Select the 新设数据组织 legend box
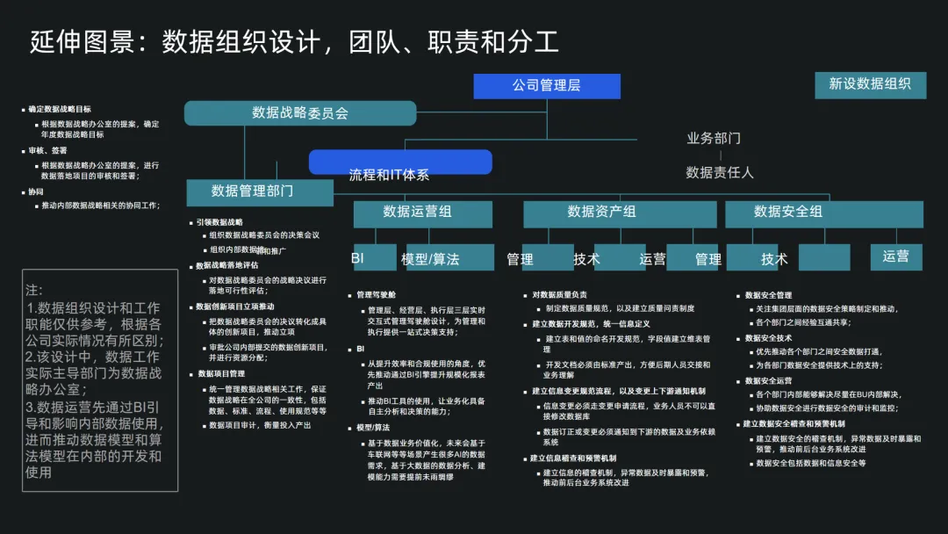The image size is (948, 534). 870,83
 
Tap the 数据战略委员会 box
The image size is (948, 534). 300,112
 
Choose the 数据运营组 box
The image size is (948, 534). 417,212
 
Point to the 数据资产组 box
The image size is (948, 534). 601,212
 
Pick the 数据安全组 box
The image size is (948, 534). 787,212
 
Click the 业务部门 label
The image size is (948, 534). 713,138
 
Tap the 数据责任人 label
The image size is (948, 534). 719,172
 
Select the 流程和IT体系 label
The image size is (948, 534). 389,175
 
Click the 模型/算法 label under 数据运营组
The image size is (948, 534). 430,259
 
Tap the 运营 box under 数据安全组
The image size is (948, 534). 896,256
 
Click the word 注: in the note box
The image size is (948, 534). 34,290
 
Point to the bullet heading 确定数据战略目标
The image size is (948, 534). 59,110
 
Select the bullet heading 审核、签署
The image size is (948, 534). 47,150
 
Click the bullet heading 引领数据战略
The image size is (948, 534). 219,222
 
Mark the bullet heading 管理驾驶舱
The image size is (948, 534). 376,295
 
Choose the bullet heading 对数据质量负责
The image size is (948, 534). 559,295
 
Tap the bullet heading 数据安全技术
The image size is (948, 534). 768,338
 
